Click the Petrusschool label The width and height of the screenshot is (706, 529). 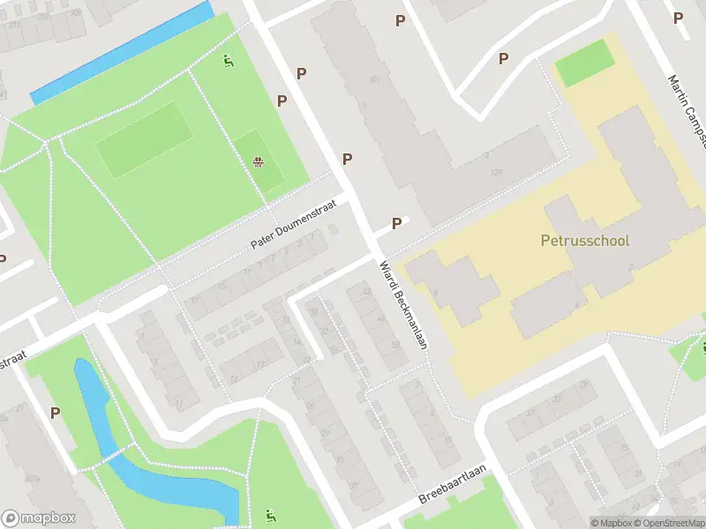pos(584,241)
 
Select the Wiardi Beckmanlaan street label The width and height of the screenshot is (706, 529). pos(402,305)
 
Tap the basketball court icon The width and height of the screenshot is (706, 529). pos(259,161)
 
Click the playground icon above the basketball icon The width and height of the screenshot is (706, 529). pos(229,61)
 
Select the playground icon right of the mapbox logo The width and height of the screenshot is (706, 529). pos(270,515)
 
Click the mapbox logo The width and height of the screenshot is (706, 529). pos(39,518)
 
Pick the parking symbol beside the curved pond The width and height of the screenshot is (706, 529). pos(55,412)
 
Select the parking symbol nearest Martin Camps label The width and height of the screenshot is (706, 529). pos(678,18)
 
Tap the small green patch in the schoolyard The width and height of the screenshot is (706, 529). pos(584,62)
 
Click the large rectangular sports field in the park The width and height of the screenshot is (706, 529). pos(144,139)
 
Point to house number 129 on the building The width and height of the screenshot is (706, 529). pos(497,172)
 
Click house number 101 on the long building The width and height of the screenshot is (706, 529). pos(374,80)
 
